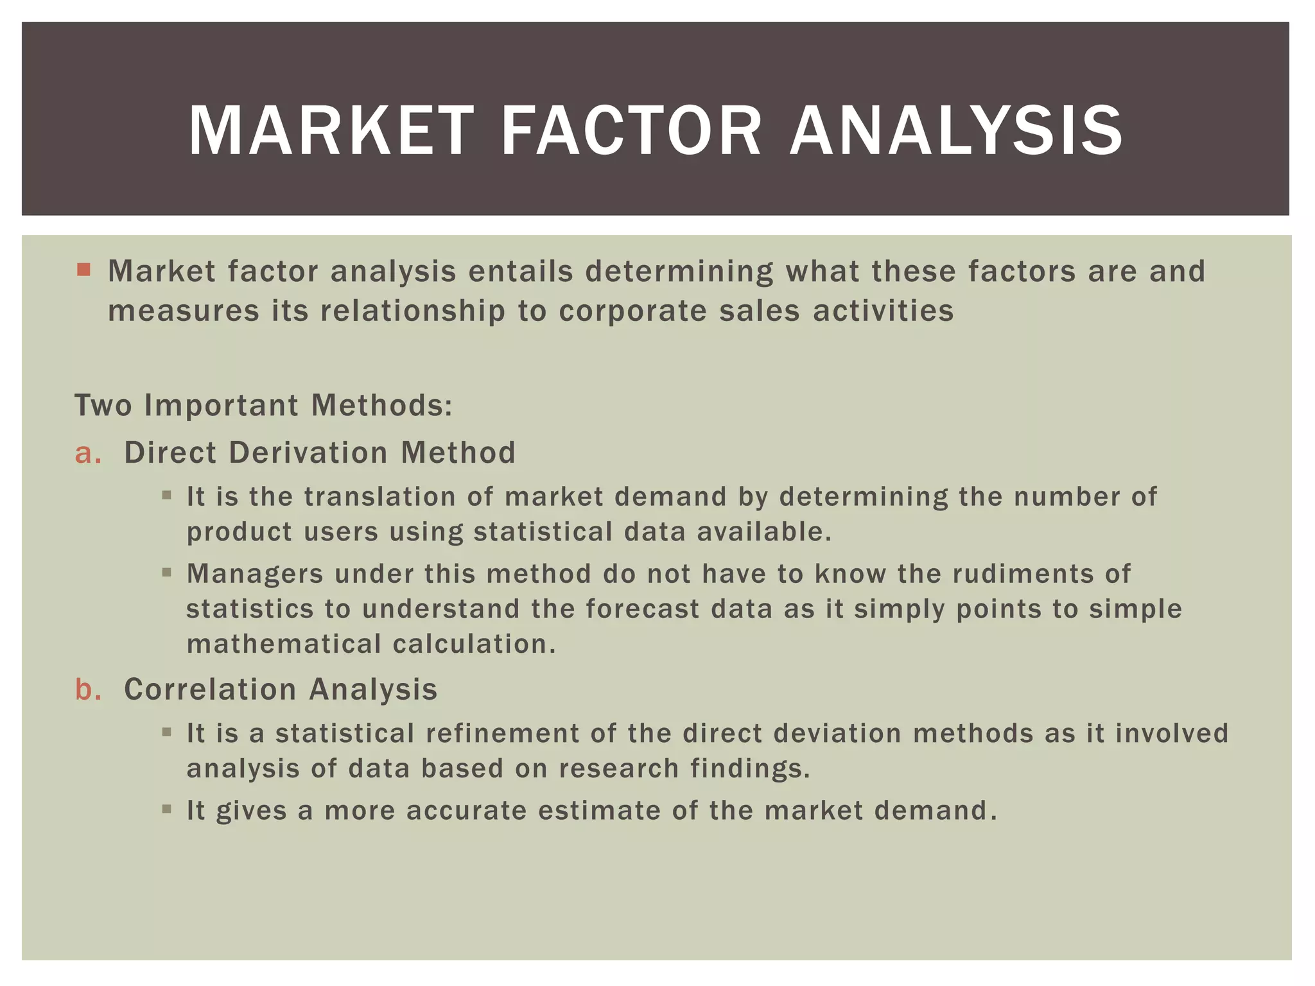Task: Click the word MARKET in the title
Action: click(x=331, y=131)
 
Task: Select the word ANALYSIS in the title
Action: click(x=956, y=131)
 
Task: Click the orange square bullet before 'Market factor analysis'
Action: click(x=83, y=269)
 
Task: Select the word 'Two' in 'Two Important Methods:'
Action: click(x=103, y=406)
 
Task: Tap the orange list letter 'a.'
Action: click(x=88, y=453)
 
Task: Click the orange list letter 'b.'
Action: click(x=88, y=689)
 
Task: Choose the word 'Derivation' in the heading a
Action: click(x=308, y=453)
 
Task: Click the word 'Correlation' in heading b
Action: click(x=209, y=689)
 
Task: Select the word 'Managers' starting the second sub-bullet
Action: click(x=255, y=574)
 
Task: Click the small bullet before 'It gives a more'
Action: click(x=167, y=809)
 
